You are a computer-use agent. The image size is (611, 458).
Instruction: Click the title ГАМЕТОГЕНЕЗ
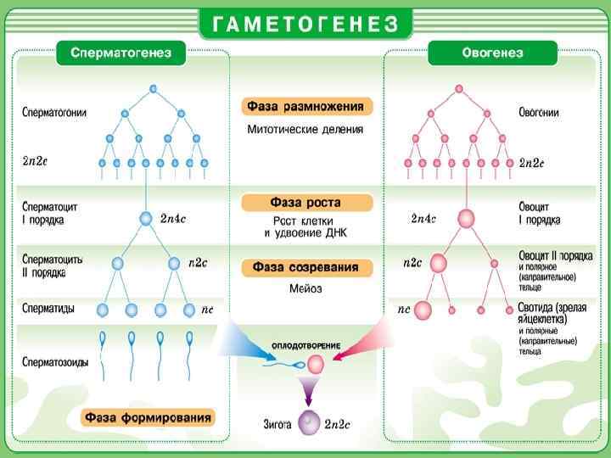point(305,24)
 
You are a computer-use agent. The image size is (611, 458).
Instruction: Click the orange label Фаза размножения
point(306,107)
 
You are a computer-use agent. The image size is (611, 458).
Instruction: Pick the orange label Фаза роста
point(306,203)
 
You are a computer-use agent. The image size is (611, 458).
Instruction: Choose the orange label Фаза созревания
point(306,267)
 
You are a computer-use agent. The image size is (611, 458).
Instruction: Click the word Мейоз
point(305,288)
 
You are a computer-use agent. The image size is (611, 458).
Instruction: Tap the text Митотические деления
point(305,130)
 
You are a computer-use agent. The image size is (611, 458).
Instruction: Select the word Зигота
point(278,422)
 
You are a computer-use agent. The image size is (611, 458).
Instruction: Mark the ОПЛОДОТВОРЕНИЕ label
point(306,346)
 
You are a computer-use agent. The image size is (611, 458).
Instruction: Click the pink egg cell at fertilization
point(316,365)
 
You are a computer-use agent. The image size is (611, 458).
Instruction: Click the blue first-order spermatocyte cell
point(146,219)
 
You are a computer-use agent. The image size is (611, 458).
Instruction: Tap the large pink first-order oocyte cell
point(466,219)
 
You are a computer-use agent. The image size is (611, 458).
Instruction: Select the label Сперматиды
point(48,309)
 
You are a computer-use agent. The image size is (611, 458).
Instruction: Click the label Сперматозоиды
point(55,361)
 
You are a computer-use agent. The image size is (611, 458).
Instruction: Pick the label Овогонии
point(539,113)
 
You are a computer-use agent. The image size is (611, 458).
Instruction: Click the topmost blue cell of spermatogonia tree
point(153,88)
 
